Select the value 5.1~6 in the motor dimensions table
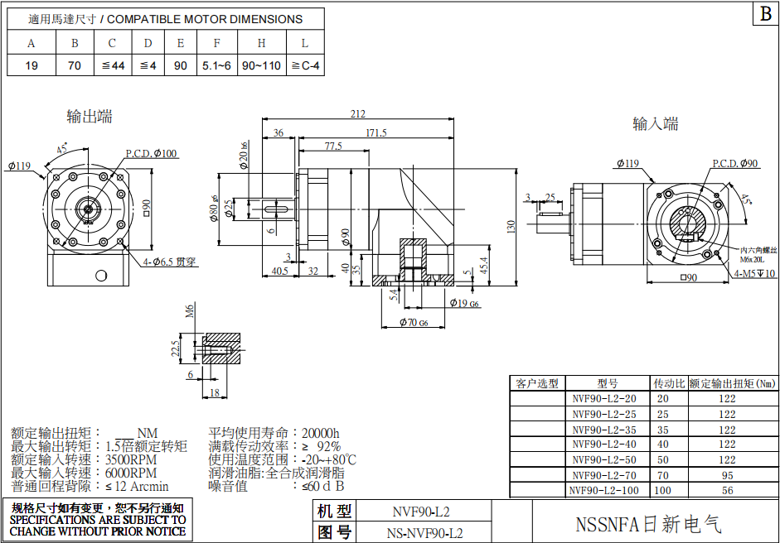click(x=216, y=65)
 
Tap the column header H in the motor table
click(x=261, y=43)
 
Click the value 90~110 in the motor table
click(x=261, y=65)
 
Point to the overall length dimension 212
click(x=358, y=114)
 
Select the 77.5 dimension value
click(x=333, y=147)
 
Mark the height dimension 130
click(x=511, y=224)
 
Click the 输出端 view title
click(x=90, y=117)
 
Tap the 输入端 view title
click(x=656, y=124)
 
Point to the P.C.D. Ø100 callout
click(x=151, y=153)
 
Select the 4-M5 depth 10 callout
click(x=754, y=274)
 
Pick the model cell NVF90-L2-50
click(x=604, y=459)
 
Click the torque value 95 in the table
click(x=727, y=475)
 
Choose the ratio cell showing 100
click(x=662, y=490)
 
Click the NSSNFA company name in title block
click(x=648, y=525)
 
